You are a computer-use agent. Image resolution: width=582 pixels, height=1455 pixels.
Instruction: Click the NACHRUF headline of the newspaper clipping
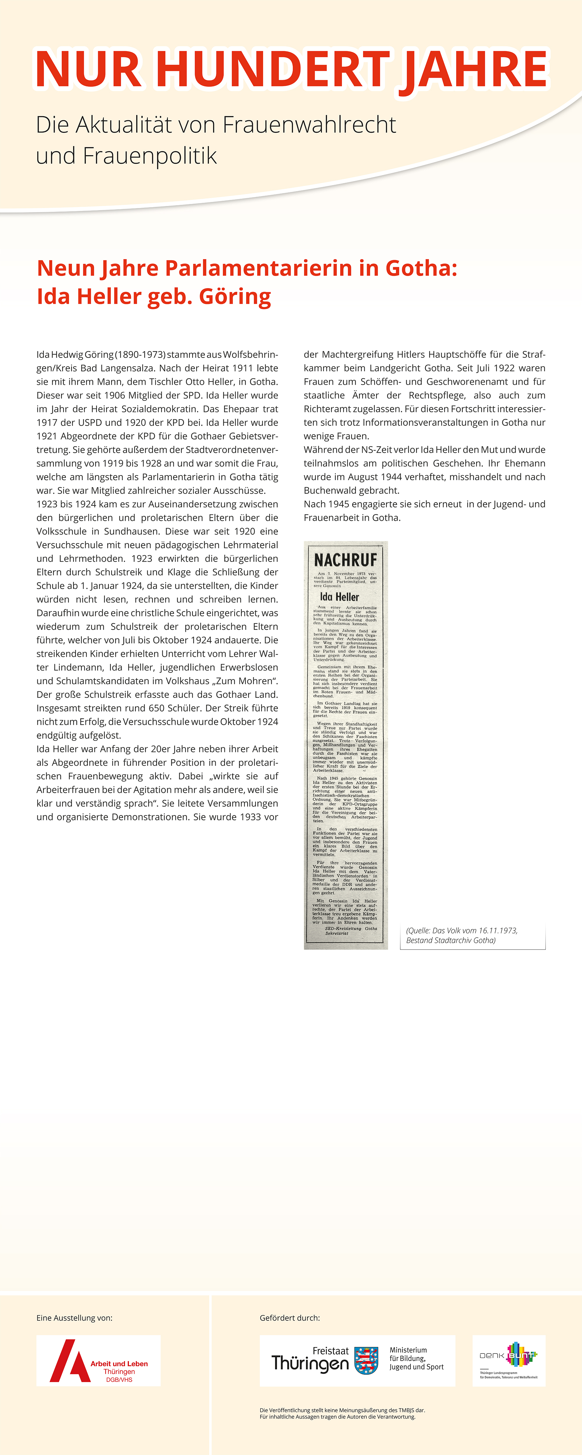tap(345, 560)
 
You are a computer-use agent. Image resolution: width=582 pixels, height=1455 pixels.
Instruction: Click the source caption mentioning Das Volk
tap(461, 935)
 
